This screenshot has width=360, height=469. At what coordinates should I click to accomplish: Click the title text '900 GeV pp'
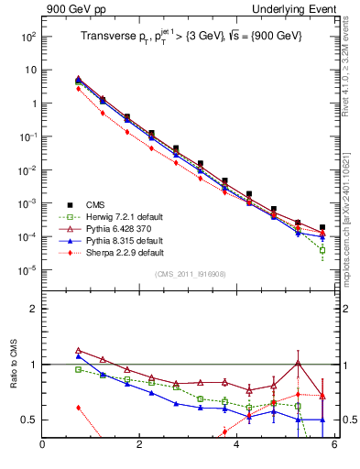pyautogui.click(x=71, y=9)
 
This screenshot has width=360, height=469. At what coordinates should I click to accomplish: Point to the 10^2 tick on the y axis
pyautogui.click(x=27, y=37)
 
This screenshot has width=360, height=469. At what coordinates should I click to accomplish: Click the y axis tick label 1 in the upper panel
pyautogui.click(x=32, y=104)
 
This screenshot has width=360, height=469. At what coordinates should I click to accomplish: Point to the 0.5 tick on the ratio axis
pyautogui.click(x=27, y=420)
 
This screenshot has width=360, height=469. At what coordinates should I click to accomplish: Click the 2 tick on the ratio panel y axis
pyautogui.click(x=32, y=310)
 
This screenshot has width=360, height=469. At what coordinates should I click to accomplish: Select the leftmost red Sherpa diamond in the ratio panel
pyautogui.click(x=79, y=408)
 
